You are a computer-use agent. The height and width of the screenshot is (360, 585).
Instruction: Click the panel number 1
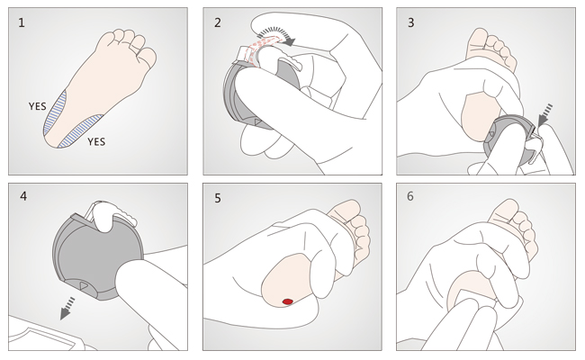(22, 22)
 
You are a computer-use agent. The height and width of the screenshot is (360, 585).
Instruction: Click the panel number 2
(218, 22)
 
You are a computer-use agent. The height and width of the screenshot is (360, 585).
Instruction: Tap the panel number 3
(410, 22)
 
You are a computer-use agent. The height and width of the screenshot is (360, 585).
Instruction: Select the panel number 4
(23, 196)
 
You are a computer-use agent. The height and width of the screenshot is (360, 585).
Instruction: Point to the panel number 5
(218, 198)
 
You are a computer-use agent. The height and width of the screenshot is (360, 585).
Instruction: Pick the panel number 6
(410, 196)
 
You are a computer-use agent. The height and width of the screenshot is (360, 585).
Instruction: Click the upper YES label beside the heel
(38, 106)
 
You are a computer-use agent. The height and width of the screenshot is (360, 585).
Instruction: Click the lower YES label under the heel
(96, 142)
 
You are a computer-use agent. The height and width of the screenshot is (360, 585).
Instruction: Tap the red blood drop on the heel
(287, 301)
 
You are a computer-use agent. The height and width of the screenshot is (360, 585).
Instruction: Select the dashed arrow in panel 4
(67, 308)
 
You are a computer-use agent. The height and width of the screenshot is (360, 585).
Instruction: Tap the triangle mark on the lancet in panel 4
(84, 286)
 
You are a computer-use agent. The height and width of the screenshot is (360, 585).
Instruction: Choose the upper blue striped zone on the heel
(56, 113)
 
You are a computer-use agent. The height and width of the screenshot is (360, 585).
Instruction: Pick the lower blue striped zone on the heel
(81, 130)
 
